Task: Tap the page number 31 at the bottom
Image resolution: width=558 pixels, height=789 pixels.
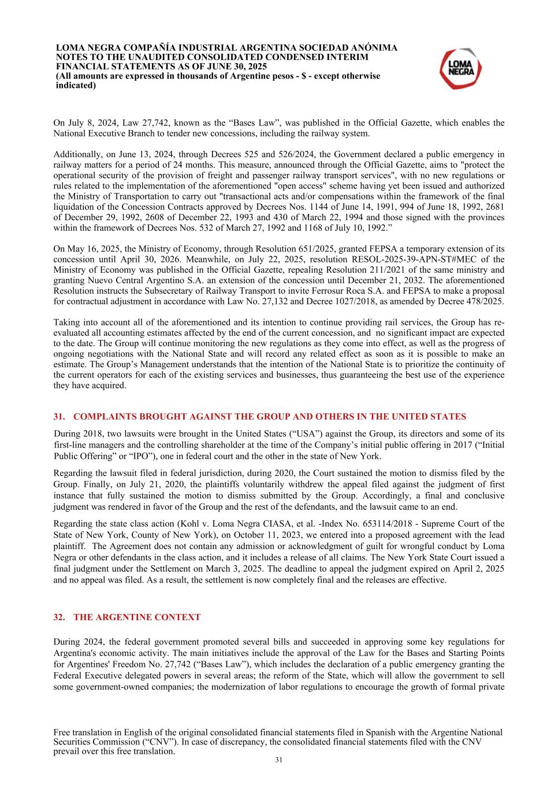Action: coord(278,760)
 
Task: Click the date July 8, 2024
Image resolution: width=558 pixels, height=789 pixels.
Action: coord(87,123)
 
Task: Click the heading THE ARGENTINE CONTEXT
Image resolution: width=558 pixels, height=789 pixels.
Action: coord(137,617)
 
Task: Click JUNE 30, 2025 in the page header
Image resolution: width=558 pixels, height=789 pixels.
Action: coord(237,66)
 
